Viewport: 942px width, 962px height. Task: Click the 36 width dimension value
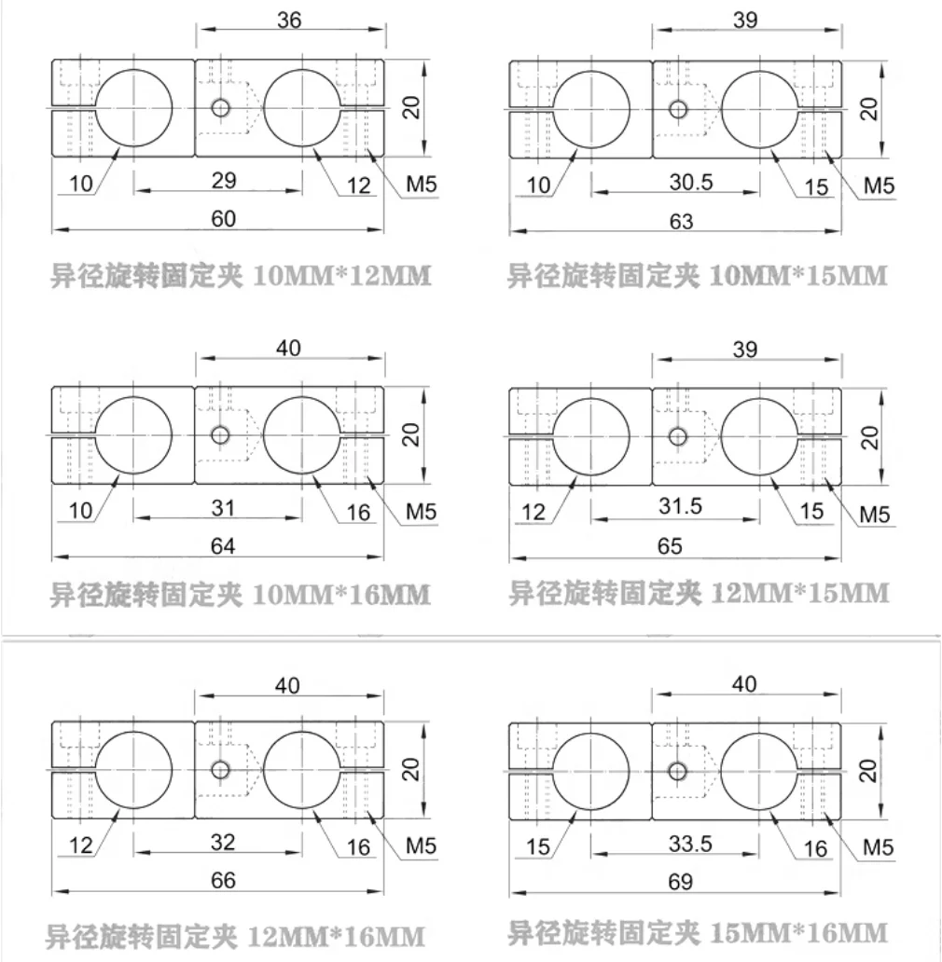point(289,20)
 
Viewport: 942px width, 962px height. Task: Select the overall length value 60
point(223,219)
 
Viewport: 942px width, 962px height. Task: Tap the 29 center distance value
point(224,181)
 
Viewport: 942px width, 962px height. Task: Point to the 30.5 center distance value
point(691,182)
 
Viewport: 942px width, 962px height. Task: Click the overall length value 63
point(681,221)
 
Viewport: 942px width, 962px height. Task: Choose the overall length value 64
point(223,546)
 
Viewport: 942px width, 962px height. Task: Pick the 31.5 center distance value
point(681,506)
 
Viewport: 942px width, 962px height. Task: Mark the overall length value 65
point(670,546)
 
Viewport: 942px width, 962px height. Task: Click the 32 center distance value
point(223,842)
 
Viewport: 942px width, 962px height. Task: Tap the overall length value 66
point(223,880)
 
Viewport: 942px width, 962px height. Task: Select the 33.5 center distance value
point(690,844)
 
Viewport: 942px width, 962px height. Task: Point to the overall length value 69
point(681,882)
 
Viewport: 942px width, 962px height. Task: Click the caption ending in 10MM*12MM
point(241,276)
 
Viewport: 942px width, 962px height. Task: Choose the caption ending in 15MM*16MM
point(698,933)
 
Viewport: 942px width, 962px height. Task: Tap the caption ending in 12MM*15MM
point(699,593)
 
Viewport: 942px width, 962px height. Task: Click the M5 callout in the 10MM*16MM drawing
point(421,512)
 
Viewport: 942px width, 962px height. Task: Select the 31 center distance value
point(223,508)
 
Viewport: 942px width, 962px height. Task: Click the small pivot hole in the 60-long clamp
point(220,108)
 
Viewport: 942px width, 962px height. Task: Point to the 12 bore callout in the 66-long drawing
point(80,845)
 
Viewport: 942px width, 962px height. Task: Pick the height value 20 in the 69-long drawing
point(867,771)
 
